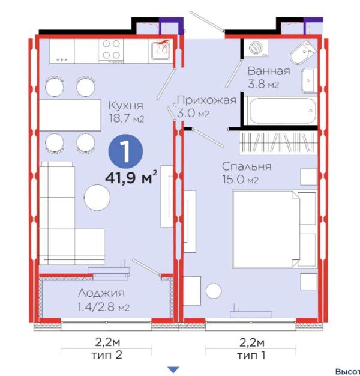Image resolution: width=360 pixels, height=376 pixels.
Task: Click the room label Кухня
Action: (x=126, y=105)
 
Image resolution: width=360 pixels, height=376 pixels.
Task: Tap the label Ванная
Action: (x=269, y=71)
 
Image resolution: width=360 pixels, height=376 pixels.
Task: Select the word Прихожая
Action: (x=207, y=100)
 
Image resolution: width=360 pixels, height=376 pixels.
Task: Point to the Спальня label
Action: (x=247, y=166)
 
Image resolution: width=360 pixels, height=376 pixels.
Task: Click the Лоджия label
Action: (x=101, y=293)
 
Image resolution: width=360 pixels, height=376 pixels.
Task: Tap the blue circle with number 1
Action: (x=126, y=151)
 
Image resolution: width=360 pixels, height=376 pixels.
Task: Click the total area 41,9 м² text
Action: (x=131, y=178)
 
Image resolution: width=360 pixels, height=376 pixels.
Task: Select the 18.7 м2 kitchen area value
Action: (x=126, y=118)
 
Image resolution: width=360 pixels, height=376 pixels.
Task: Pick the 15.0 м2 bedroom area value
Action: (x=241, y=179)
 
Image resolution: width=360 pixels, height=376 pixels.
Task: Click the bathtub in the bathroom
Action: (x=282, y=111)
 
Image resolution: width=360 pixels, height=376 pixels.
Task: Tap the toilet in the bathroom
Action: (x=303, y=53)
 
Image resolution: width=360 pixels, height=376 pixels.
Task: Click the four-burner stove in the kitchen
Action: (x=112, y=50)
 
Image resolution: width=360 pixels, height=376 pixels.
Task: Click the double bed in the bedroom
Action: (x=274, y=229)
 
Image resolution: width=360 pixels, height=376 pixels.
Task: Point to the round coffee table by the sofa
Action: (x=97, y=198)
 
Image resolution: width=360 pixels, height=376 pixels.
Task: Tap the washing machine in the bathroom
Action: (x=256, y=48)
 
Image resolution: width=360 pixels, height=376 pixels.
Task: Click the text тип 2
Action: (x=107, y=354)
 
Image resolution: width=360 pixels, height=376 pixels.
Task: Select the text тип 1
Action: (x=251, y=355)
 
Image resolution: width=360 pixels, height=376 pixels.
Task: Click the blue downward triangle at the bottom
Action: (x=173, y=369)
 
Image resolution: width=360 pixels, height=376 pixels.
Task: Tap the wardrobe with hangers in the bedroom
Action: (x=278, y=143)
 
